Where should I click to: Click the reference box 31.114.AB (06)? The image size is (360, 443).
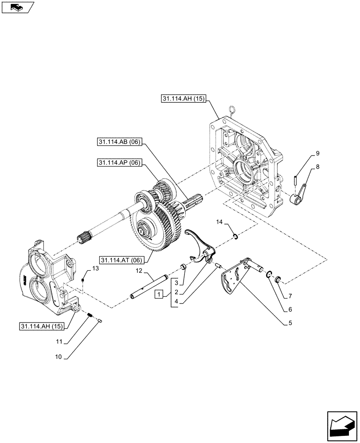[117, 142]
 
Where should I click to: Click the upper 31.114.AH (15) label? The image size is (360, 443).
[183, 99]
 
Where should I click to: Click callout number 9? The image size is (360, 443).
[317, 154]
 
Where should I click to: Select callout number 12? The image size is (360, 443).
[139, 271]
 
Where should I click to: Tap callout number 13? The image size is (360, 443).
[95, 268]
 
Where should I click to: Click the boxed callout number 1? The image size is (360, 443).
[159, 294]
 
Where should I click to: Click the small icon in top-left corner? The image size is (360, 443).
[17, 7]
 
